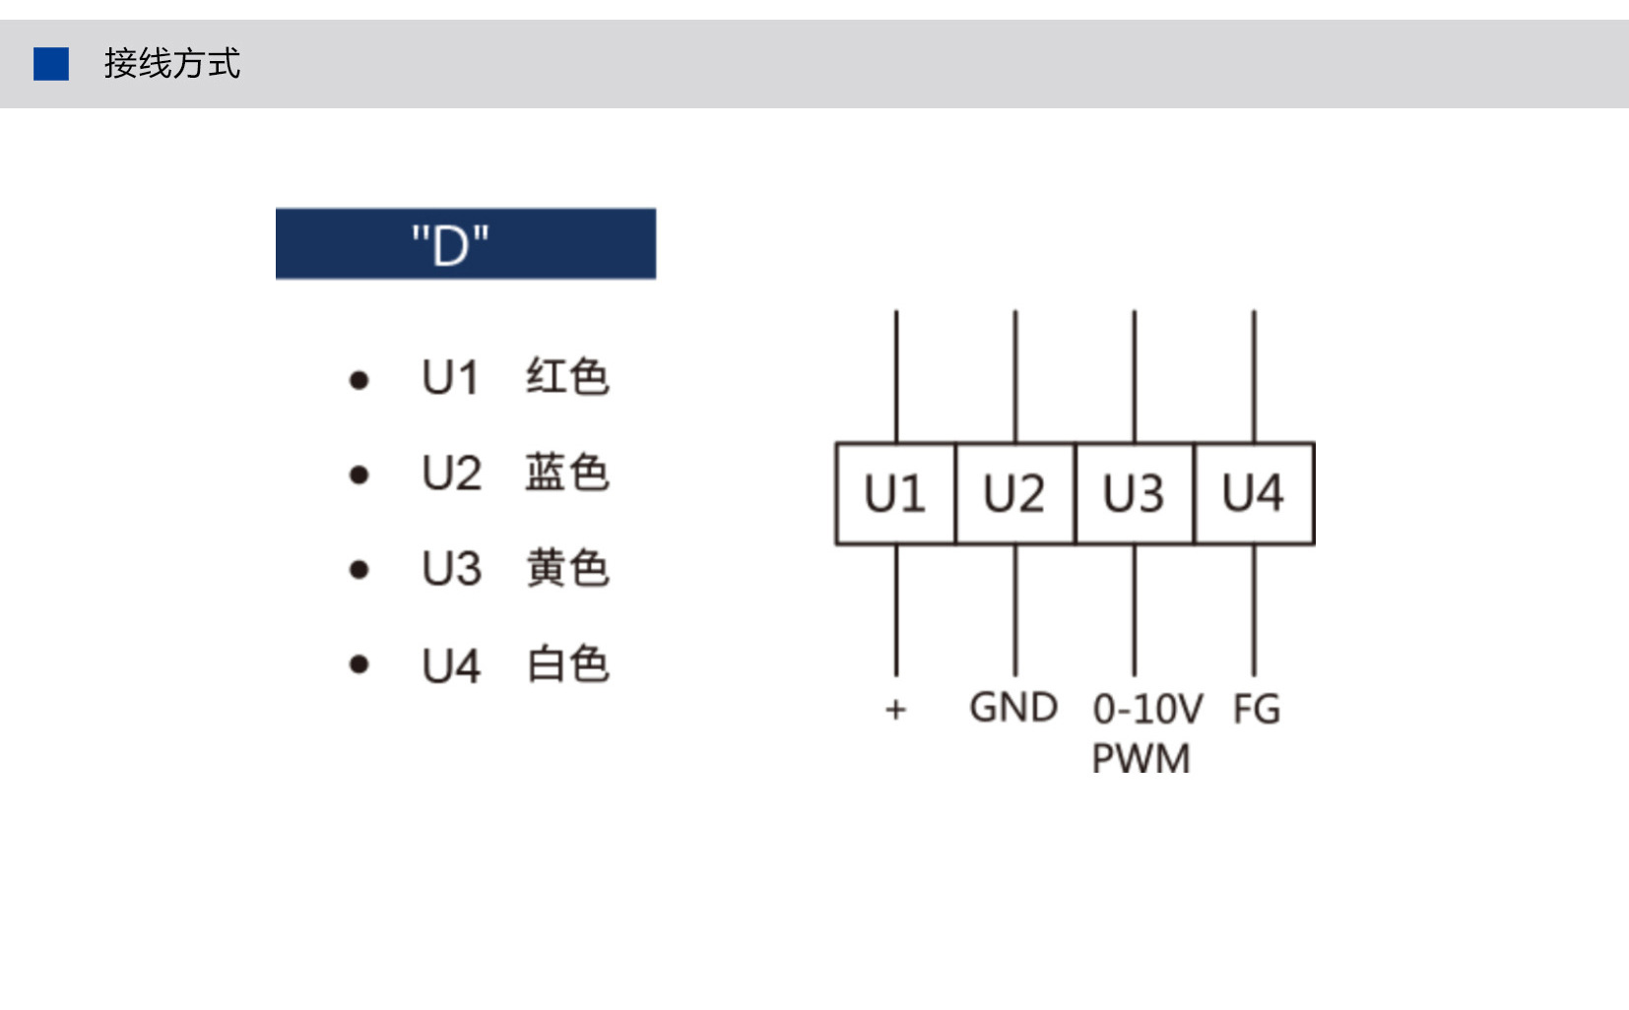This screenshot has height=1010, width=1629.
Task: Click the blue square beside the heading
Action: tap(51, 64)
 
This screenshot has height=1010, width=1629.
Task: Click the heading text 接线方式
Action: tap(171, 63)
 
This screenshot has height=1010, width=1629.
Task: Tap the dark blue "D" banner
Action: tap(466, 243)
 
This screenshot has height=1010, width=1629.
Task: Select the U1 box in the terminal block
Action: tap(896, 493)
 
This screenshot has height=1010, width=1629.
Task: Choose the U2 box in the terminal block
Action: tap(1015, 493)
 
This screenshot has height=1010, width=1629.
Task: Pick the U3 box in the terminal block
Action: tap(1135, 493)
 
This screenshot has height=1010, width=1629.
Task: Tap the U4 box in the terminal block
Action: tap(1254, 493)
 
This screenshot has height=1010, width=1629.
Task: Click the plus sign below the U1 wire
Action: tap(896, 709)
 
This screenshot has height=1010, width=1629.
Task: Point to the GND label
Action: tap(1013, 708)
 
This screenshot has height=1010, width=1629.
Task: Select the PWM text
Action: tap(1141, 758)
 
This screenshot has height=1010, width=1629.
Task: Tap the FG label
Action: tap(1257, 709)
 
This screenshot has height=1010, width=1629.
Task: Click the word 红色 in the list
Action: tap(567, 376)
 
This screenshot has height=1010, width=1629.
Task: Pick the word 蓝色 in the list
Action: tap(567, 473)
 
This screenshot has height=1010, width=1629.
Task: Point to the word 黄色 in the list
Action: tap(567, 567)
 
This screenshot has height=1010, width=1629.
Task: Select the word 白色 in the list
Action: tap(567, 663)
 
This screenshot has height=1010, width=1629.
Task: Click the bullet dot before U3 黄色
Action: tap(358, 570)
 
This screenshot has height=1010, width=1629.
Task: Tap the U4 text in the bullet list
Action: tap(452, 665)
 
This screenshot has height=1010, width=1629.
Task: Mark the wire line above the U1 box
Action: tap(896, 376)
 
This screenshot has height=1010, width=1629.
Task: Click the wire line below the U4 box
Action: tap(1254, 610)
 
